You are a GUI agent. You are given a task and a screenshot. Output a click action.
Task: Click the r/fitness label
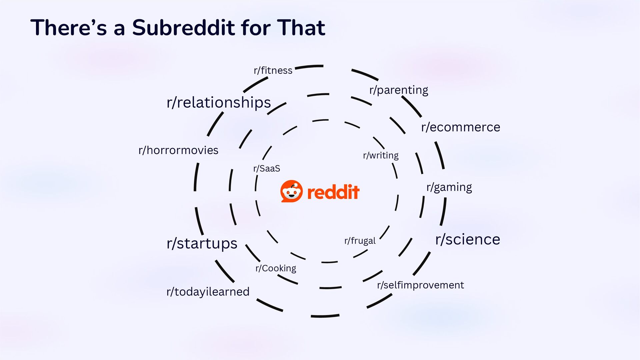tap(273, 70)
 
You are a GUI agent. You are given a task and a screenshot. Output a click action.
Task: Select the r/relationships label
tap(219, 102)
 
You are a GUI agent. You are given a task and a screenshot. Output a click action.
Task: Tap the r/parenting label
tap(399, 90)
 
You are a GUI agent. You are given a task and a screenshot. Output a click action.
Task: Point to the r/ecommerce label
tap(461, 127)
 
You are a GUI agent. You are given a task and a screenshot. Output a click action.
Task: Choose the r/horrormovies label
tap(178, 150)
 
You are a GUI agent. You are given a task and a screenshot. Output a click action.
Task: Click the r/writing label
tap(381, 155)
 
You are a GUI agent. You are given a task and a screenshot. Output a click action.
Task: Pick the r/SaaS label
tap(267, 168)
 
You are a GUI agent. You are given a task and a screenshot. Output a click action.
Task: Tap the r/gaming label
tap(449, 187)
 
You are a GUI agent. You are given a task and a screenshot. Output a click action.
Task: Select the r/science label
tap(468, 239)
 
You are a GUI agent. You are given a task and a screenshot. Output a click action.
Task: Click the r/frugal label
tap(360, 241)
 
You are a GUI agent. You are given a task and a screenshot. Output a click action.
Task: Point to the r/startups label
tap(202, 243)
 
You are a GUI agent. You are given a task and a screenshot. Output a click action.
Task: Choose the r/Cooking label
tap(276, 268)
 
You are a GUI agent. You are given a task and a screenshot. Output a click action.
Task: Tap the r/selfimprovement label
tap(420, 285)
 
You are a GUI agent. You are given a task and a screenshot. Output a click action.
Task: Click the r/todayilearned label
tap(208, 292)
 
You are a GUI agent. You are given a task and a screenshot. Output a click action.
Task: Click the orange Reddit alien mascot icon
tap(292, 191)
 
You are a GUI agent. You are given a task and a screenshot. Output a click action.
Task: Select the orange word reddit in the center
tap(333, 192)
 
